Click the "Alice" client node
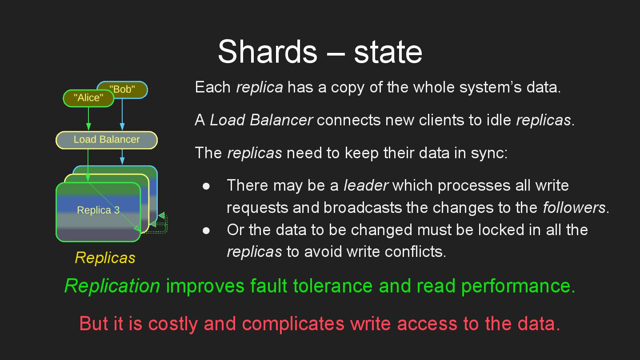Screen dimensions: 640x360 coord(88,98)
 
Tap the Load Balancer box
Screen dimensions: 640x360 coord(107,140)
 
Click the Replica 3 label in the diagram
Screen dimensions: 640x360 coord(98,210)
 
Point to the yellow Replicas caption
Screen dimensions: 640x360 coord(105,258)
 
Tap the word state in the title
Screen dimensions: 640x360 coord(388,52)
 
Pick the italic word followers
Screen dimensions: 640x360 coord(574,208)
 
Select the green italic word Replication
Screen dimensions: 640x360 coord(112,286)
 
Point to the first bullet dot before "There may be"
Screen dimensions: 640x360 coord(206,186)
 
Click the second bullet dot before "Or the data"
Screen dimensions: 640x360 coord(206,230)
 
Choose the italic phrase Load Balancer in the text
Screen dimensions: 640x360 coord(261,120)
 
